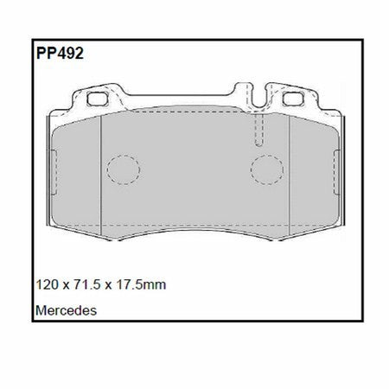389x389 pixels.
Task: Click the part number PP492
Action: coord(60,54)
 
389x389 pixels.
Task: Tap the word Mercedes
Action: coord(66,310)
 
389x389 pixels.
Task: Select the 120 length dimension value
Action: coord(47,284)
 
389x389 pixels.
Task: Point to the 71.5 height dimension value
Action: coord(87,284)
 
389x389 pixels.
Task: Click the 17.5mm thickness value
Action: coord(141,284)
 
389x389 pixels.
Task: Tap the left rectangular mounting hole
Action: coord(98,99)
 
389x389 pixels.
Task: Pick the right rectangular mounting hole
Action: coord(293,99)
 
